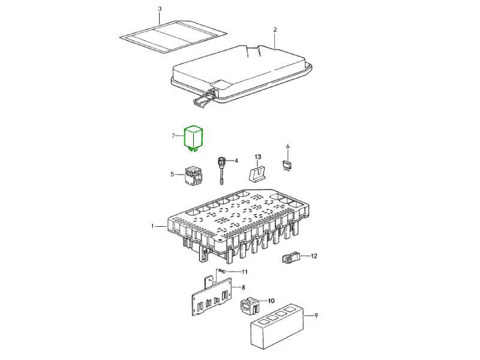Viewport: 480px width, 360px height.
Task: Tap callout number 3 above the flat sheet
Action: [160, 8]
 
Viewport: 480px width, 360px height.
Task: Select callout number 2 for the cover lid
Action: [275, 29]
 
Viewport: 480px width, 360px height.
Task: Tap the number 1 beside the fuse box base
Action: [152, 226]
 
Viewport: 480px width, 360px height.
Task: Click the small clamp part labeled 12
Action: [290, 257]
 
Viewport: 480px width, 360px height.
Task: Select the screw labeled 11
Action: [222, 272]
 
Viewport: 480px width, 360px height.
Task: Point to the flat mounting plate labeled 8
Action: [212, 296]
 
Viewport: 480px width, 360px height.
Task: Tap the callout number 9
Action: [316, 316]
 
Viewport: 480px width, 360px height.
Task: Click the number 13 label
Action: [258, 157]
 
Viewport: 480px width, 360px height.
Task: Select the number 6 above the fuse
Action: [287, 146]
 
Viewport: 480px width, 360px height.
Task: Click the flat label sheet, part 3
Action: [173, 37]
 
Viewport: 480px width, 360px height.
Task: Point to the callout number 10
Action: [271, 301]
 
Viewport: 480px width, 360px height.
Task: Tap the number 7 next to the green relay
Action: [173, 136]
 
